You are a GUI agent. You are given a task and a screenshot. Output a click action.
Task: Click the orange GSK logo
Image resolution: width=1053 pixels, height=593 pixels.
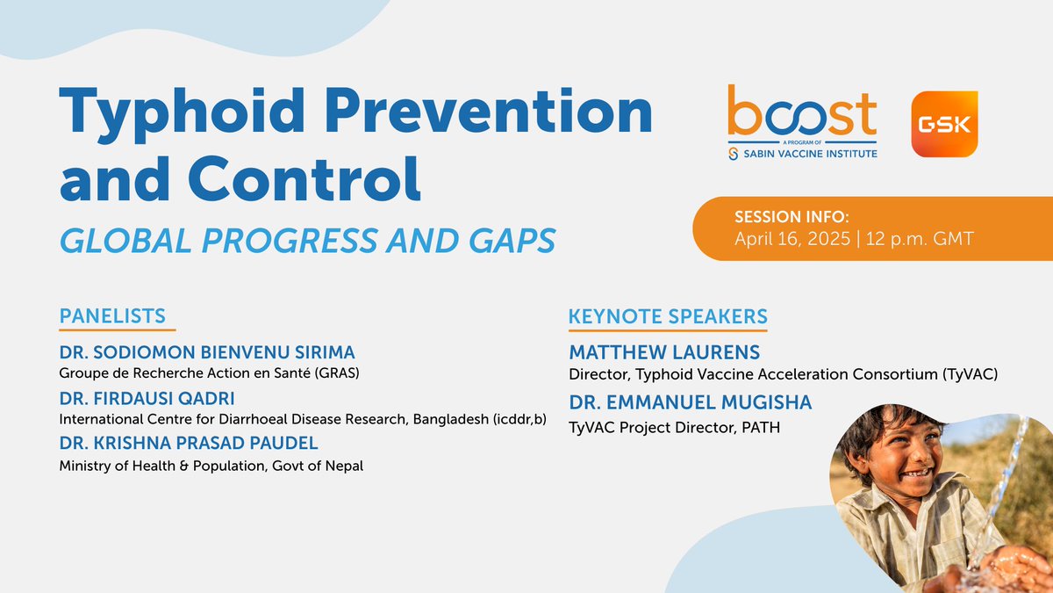pos(944,124)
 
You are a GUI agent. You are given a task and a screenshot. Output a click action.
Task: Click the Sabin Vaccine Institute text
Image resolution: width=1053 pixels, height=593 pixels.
pos(810,154)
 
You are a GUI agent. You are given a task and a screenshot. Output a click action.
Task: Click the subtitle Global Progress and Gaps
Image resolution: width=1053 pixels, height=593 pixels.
pos(307,240)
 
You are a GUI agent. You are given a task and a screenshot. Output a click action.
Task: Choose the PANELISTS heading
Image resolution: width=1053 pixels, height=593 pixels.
pos(112,315)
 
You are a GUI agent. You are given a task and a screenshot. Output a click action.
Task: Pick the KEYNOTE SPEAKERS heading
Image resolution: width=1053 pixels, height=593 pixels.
pos(668,315)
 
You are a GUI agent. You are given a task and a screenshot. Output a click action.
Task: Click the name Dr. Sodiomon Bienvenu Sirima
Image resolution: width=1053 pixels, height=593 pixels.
pos(207,352)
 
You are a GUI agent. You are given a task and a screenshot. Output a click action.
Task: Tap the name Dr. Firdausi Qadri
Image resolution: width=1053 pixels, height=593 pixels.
pos(146,398)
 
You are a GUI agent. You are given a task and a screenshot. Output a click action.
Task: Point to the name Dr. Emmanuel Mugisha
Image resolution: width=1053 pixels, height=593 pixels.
pos(691,402)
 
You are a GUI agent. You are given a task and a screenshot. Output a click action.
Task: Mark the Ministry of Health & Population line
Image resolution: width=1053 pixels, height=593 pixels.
pos(211,466)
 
